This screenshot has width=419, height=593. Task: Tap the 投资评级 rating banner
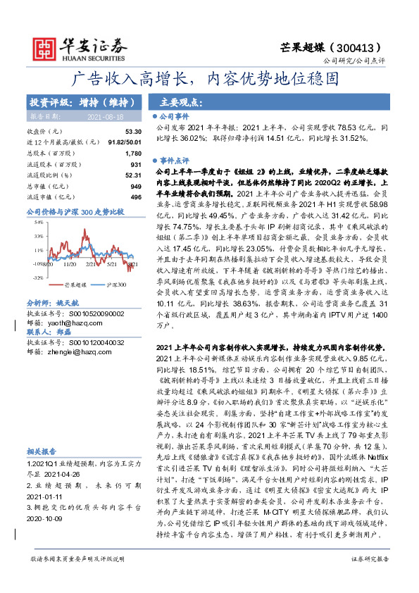tap(77, 101)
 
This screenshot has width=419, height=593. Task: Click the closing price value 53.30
tap(133, 132)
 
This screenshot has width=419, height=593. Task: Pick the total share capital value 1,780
tap(133, 153)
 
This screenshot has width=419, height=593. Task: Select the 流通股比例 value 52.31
tap(133, 175)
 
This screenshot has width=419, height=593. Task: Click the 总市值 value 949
tap(136, 185)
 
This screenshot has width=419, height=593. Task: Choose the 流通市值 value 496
tap(136, 196)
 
